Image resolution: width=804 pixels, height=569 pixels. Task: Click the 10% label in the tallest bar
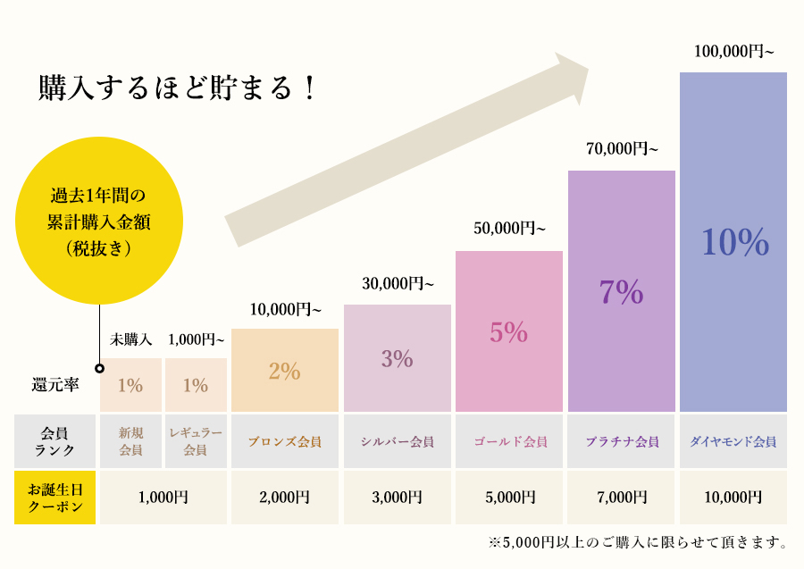click(734, 242)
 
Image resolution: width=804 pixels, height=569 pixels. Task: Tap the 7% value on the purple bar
click(622, 292)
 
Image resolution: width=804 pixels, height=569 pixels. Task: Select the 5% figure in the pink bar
click(508, 331)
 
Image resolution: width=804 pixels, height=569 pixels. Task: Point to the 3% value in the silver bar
click(397, 359)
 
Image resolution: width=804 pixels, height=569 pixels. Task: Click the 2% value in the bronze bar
click(284, 371)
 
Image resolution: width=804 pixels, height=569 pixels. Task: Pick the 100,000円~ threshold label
click(733, 51)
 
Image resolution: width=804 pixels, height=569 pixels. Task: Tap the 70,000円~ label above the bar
click(622, 149)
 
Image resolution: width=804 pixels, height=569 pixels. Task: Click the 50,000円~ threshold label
click(509, 229)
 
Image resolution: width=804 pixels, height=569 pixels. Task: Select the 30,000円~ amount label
click(398, 284)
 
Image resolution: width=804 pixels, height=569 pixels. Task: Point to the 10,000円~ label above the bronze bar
click(285, 310)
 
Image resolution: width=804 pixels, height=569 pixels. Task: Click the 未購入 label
click(131, 339)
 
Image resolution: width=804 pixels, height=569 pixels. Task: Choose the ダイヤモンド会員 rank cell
click(733, 441)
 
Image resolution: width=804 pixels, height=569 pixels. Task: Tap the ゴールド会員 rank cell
click(509, 441)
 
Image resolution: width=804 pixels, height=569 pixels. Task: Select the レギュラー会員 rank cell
click(196, 441)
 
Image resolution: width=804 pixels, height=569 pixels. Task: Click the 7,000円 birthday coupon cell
click(622, 498)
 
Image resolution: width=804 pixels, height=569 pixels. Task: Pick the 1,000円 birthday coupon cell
click(163, 498)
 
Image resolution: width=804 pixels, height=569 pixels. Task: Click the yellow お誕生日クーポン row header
click(55, 498)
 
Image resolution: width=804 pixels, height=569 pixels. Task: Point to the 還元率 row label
click(54, 385)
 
